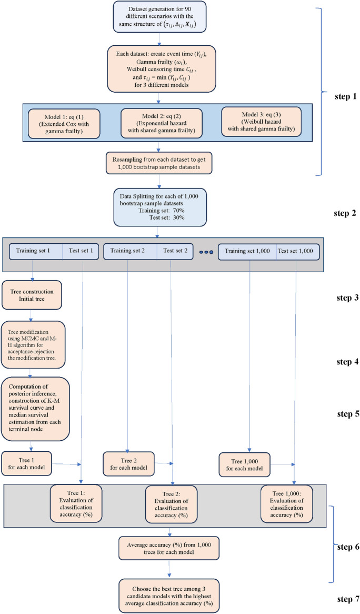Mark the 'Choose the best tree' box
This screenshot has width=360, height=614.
tap(169, 593)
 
